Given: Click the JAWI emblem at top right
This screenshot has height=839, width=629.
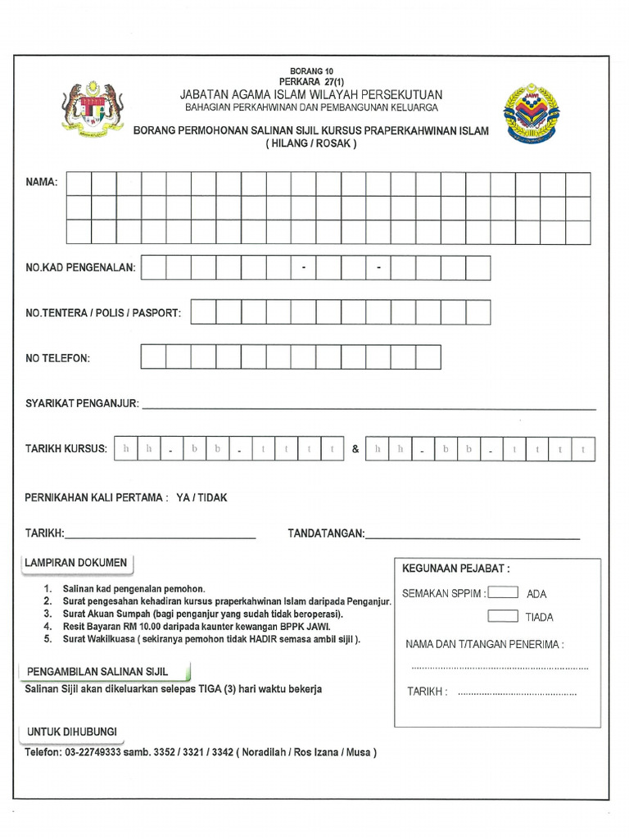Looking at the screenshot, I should click(534, 114).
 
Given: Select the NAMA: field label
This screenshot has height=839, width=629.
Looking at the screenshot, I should click(42, 182).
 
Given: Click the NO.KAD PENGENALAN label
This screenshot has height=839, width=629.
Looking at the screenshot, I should click(80, 268).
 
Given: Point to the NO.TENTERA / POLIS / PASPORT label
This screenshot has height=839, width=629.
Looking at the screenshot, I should click(103, 313).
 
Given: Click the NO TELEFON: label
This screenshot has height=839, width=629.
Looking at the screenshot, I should click(57, 358).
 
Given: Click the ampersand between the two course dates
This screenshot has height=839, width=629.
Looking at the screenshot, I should click(355, 450).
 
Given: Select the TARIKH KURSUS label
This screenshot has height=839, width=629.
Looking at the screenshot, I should click(66, 450).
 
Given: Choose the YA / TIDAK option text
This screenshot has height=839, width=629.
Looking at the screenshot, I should click(201, 497).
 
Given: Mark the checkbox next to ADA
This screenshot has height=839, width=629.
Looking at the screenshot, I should click(502, 592).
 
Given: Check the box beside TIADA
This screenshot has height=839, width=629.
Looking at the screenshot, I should click(502, 616).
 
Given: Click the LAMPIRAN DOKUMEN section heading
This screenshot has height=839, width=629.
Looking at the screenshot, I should click(77, 563).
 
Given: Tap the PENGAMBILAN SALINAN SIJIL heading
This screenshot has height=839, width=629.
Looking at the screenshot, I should click(97, 671).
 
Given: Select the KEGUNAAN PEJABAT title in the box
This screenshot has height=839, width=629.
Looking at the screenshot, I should click(456, 568).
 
